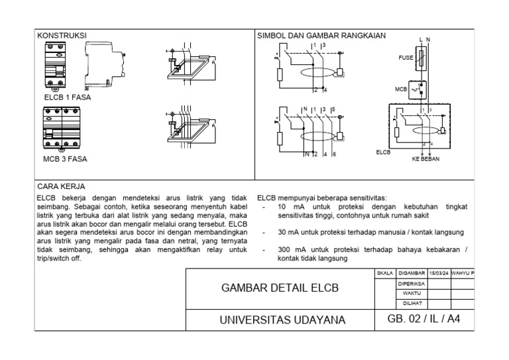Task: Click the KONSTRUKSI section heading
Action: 62,35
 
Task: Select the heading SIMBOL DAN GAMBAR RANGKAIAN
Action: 322,35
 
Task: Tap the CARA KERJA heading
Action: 61,187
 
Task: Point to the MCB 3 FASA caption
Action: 65,159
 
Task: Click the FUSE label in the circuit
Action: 406,58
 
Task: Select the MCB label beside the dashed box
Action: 401,88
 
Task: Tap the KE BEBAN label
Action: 425,159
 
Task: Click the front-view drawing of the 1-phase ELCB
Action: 55,66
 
